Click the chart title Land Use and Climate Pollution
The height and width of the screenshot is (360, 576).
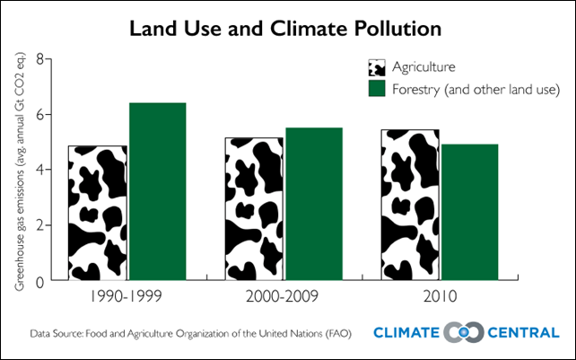[286, 28]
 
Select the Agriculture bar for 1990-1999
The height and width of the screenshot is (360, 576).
[97, 214]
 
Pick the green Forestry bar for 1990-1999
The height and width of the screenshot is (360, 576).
[157, 192]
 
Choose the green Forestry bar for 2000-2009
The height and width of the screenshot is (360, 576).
[314, 205]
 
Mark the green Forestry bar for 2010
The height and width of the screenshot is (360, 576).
[469, 213]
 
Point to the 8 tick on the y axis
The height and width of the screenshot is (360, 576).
[39, 59]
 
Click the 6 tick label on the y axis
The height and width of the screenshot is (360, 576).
[39, 115]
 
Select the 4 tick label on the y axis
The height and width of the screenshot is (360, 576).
[39, 170]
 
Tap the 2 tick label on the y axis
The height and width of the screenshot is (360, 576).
[39, 225]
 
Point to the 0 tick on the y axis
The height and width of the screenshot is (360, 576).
[39, 281]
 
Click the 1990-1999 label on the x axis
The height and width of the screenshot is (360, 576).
[127, 296]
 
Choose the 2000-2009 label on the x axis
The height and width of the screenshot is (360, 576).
[284, 296]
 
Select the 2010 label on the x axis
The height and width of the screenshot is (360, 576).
[440, 296]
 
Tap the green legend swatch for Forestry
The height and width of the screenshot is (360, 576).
[377, 89]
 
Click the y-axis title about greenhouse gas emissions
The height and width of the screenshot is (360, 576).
[18, 171]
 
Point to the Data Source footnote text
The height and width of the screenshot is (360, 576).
[190, 332]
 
